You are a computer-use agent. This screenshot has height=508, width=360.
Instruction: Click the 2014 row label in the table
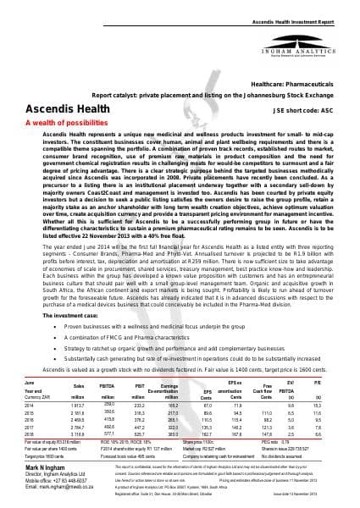point(31,406)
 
